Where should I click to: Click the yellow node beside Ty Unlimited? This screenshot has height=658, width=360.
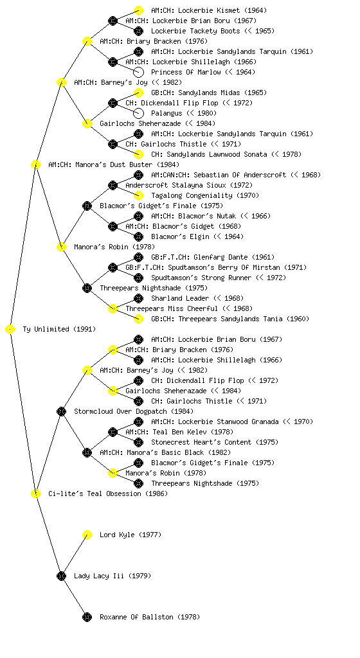click(x=10, y=330)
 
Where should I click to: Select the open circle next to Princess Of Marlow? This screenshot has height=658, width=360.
click(x=138, y=72)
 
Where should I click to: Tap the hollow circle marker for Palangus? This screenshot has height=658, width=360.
click(x=138, y=113)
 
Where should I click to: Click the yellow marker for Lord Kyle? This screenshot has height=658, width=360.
click(x=87, y=535)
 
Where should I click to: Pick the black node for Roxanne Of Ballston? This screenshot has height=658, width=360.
click(x=87, y=618)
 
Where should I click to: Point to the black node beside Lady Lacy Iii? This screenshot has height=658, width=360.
click(x=61, y=576)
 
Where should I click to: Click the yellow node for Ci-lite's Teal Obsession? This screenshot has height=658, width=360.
click(x=35, y=494)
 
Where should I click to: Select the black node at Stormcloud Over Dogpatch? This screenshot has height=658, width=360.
click(x=61, y=412)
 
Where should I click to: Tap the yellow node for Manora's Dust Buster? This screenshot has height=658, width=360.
click(x=35, y=165)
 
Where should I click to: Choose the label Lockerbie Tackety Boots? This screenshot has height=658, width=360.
click(x=196, y=31)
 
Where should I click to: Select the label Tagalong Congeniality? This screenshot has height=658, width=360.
click(x=192, y=195)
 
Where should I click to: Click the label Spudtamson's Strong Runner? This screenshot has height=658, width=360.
click(x=201, y=278)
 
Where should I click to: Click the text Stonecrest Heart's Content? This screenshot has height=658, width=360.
click(x=201, y=442)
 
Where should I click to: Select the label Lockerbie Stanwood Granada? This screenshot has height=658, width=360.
click(x=228, y=422)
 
